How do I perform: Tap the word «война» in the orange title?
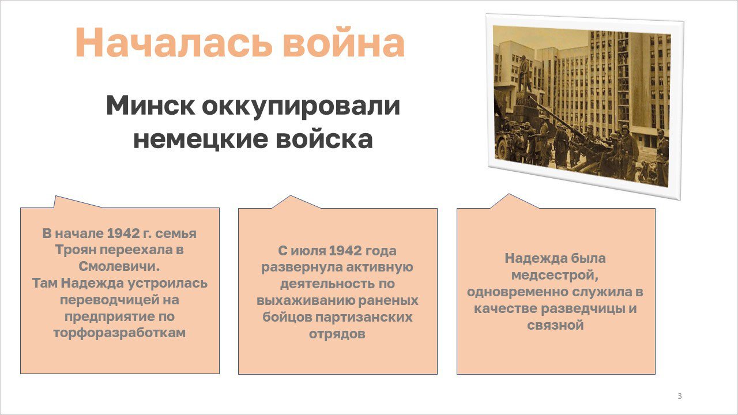point(344,43)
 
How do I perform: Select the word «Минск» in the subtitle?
point(150,105)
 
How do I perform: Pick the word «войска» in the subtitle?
point(324,139)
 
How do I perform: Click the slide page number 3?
point(680,396)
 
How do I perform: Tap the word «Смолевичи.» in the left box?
point(119,266)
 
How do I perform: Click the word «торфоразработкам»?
point(119,333)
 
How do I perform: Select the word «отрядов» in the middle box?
point(337,334)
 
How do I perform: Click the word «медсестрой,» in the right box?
point(555,275)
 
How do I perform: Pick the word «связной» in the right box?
point(555,326)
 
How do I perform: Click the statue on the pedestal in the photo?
point(524,73)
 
